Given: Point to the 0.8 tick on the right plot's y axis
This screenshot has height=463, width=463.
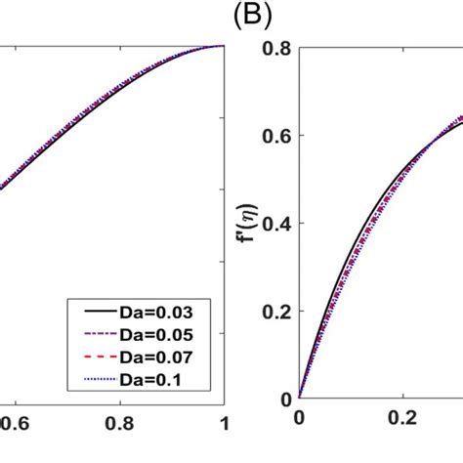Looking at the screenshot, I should point(276,46).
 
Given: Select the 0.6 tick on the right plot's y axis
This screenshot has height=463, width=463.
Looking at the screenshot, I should point(276,135).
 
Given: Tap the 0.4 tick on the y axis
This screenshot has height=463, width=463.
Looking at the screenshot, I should point(276,223).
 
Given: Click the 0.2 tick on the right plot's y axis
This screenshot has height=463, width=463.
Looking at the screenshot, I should point(276,311).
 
